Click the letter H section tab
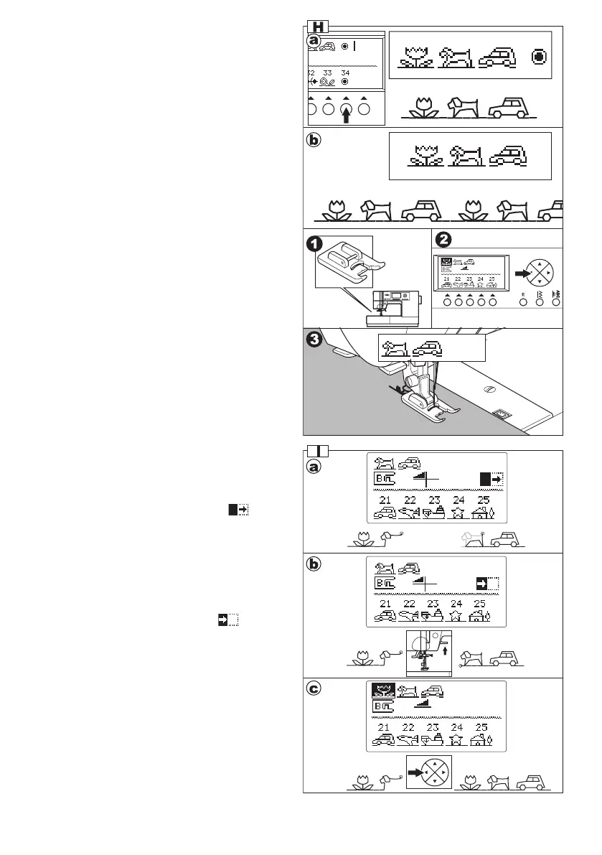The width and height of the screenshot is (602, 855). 318,27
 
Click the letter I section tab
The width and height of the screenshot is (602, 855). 318,451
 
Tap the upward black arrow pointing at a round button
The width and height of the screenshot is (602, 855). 347,113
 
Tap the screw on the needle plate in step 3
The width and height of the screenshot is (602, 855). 488,388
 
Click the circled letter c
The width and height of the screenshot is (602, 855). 314,691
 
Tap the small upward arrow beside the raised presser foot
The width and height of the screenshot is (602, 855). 445,650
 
